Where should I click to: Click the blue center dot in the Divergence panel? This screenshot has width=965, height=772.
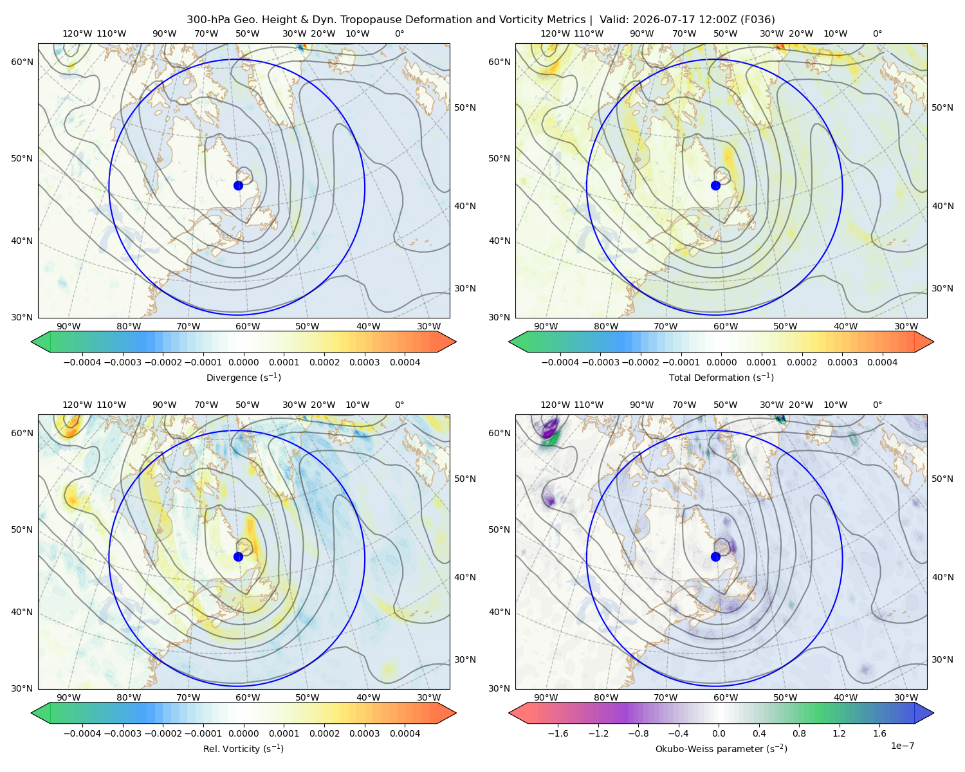[238, 185]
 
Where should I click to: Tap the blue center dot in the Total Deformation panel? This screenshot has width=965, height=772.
[715, 185]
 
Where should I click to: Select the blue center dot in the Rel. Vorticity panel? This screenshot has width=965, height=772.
[238, 556]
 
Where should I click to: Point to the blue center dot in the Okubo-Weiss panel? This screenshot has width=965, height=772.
[715, 556]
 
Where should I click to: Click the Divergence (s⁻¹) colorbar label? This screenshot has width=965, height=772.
[243, 377]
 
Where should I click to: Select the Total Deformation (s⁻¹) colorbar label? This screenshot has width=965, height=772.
[721, 377]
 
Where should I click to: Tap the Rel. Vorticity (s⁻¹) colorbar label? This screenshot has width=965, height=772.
[243, 748]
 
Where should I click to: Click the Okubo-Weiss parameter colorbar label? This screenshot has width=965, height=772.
[721, 748]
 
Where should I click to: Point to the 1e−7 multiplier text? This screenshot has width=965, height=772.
[902, 746]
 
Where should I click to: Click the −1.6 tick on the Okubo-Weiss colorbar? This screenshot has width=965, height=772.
[558, 733]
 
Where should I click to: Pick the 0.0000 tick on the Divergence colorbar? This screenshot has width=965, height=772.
[243, 362]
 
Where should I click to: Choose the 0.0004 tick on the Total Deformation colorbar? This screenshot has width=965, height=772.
[882, 362]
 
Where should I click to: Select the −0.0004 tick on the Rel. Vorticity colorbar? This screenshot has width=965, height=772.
[82, 733]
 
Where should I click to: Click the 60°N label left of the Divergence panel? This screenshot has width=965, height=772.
[22, 62]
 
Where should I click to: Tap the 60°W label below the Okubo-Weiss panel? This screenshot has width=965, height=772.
[725, 697]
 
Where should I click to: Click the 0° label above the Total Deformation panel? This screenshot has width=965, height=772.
[877, 33]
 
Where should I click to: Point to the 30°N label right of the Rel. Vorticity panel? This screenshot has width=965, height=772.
[465, 659]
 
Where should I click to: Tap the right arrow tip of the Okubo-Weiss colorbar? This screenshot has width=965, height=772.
[933, 713]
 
